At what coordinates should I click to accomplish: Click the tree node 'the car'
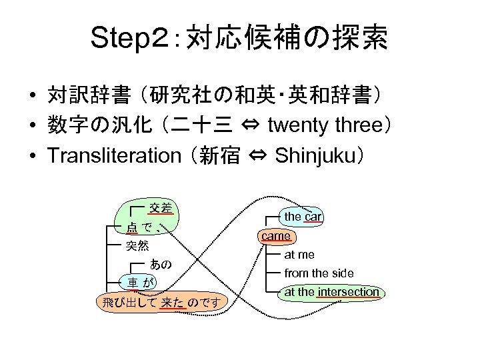[x=303, y=217]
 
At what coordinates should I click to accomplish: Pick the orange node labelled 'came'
[x=276, y=235]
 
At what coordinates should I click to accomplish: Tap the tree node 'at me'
[x=299, y=255]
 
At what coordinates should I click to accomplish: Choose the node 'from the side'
[x=319, y=273]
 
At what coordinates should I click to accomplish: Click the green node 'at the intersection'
[x=331, y=292]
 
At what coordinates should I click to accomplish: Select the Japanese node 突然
[x=137, y=246]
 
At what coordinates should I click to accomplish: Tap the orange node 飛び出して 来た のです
[x=162, y=302]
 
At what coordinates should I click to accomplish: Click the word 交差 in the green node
[x=161, y=208]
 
